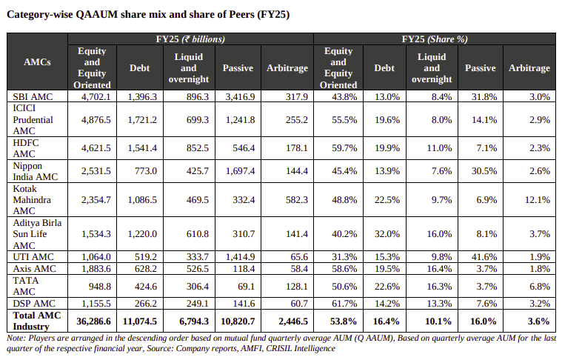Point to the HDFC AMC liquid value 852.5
[193, 148]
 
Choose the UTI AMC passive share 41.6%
[481, 257]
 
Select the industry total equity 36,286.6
[92, 321]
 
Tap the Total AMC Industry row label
[35, 321]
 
